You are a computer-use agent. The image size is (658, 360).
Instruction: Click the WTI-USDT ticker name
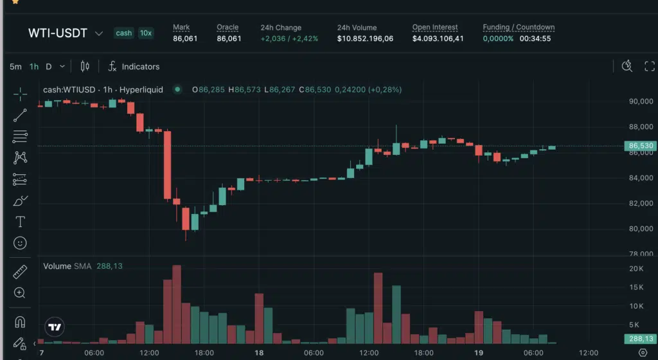tap(58, 33)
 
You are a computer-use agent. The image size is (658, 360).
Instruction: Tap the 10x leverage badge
tap(145, 33)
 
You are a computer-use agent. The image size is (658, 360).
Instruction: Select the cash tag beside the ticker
tap(123, 33)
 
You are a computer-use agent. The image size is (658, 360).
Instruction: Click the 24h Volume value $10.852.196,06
tap(365, 39)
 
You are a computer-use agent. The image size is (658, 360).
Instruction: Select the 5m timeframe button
tap(15, 66)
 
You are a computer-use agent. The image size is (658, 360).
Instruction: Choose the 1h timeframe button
tap(34, 66)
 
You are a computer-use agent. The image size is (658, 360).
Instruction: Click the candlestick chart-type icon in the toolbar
tap(85, 66)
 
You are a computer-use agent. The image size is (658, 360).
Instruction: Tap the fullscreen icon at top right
tap(649, 66)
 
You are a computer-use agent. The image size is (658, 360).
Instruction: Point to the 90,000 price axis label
tap(640, 102)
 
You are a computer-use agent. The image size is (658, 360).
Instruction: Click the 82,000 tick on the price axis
tap(640, 204)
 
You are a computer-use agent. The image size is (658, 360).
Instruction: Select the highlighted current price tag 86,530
tap(641, 146)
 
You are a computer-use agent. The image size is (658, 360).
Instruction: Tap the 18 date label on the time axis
tap(260, 353)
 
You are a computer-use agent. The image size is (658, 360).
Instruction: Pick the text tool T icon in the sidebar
tap(20, 222)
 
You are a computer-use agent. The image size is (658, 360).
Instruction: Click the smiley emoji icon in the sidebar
tap(20, 243)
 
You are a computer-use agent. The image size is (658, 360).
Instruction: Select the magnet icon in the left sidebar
tap(20, 321)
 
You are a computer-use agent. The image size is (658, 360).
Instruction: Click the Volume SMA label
tap(67, 266)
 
